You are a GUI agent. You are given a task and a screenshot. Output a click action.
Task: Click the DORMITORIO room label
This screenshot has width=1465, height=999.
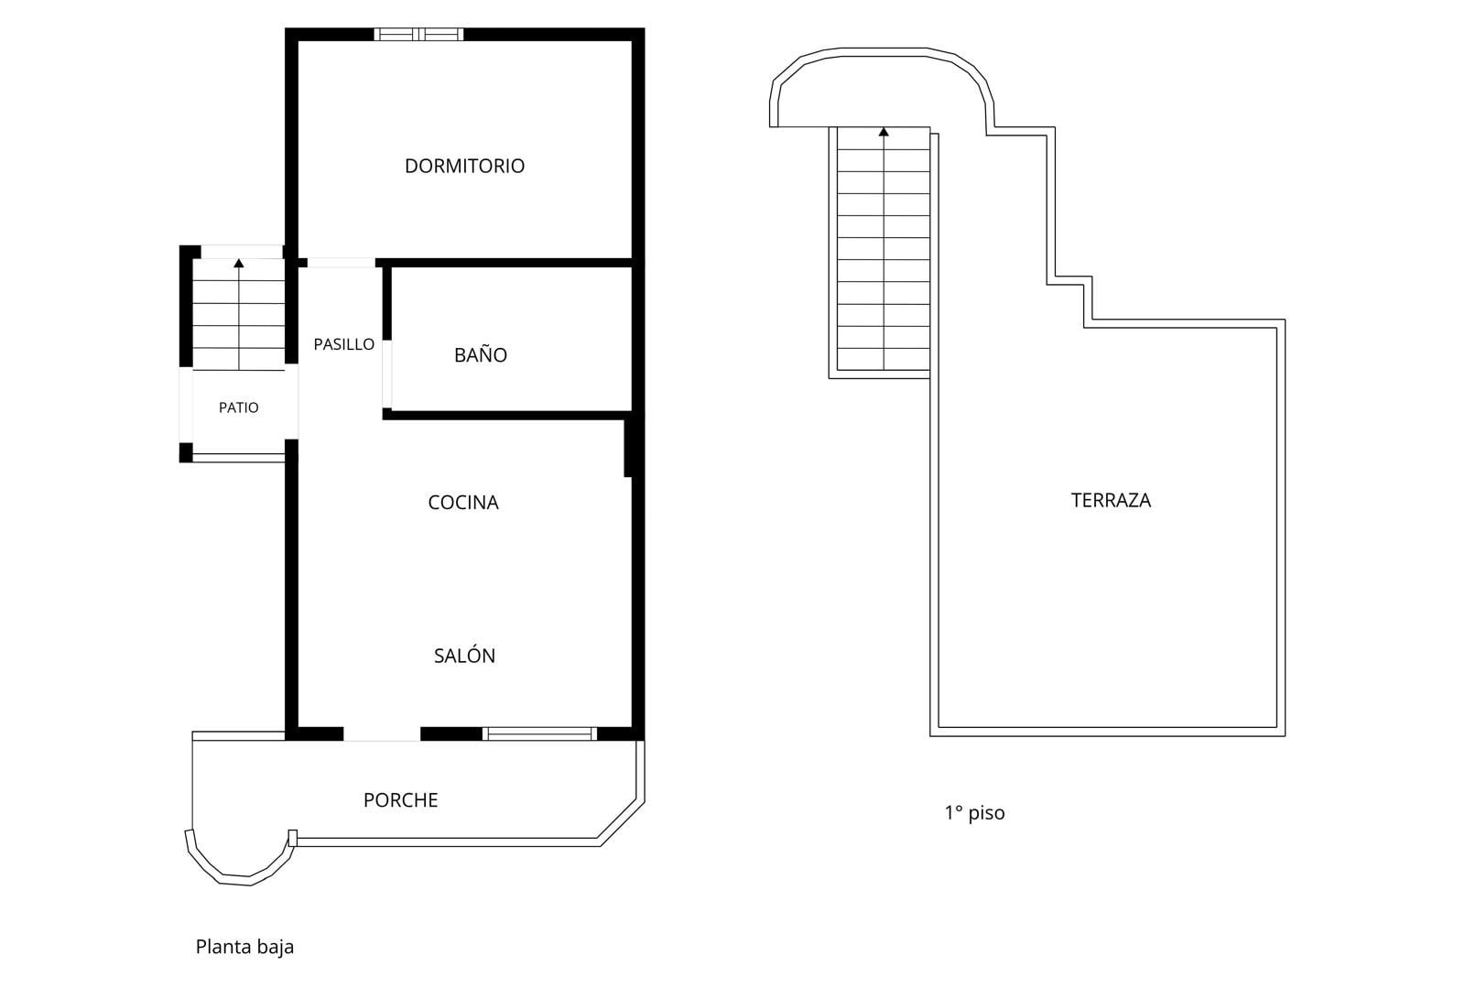[464, 166]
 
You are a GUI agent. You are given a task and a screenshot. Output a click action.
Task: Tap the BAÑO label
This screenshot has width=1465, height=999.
[481, 354]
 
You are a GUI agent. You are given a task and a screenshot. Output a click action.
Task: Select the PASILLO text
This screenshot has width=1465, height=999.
[344, 344]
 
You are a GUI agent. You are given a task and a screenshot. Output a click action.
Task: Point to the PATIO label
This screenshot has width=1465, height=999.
[239, 407]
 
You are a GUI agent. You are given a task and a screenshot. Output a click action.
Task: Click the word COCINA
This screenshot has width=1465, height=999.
[463, 503]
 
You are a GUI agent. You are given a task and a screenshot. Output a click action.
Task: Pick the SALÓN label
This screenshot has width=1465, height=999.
[464, 655]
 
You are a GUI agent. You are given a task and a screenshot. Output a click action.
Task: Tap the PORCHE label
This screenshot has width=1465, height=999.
[400, 800]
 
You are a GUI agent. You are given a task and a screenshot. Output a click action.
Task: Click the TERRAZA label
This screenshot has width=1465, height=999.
[1111, 501]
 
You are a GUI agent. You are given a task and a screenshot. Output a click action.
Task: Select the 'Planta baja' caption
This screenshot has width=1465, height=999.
[244, 947]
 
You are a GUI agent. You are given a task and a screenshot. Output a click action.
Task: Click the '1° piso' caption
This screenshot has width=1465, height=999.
[974, 813]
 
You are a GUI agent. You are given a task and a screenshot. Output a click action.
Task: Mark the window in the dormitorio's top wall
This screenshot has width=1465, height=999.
[418, 34]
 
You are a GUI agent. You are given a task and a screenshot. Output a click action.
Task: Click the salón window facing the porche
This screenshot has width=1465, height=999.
[539, 733]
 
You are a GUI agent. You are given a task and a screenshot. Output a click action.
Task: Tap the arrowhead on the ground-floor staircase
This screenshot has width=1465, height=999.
[239, 263]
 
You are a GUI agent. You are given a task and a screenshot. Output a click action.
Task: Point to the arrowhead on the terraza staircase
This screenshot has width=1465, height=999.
[884, 132]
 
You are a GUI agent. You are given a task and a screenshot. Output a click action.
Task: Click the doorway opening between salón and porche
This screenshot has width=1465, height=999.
[382, 733]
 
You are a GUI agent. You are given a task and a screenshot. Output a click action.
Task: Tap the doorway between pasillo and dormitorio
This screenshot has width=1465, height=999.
[342, 263]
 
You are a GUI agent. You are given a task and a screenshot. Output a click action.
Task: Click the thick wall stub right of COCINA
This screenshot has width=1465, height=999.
[628, 448]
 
